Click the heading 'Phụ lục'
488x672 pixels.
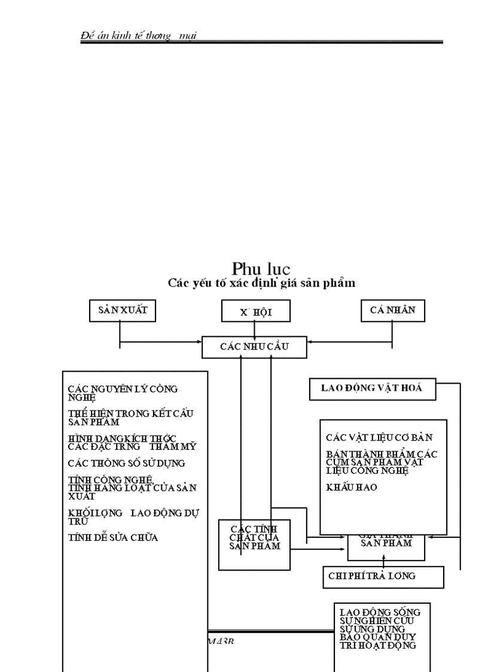[x=261, y=269]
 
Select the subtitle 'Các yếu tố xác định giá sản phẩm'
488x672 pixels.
[x=261, y=283]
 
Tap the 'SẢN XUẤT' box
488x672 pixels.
[x=123, y=310]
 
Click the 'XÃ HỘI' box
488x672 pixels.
[x=256, y=311]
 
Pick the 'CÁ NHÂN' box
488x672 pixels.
[x=392, y=310]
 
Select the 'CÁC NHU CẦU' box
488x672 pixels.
[x=255, y=347]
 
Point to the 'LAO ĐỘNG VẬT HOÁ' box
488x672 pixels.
[x=372, y=388]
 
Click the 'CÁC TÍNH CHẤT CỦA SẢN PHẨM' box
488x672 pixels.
[x=254, y=537]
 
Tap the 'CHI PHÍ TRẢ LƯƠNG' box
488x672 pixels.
[x=372, y=576]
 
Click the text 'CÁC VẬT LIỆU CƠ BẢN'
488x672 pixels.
[x=379, y=438]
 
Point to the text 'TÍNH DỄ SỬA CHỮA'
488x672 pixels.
[x=113, y=537]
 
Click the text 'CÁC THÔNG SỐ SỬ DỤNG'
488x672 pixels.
[x=126, y=463]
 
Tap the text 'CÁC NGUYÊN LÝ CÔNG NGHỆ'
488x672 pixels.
[x=123, y=393]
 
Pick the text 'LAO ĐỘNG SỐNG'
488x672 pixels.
[x=380, y=612]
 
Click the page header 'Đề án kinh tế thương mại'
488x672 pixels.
[x=139, y=36]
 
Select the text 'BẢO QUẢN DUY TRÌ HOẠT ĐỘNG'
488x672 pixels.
[x=377, y=641]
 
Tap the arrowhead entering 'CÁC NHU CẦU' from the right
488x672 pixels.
[x=311, y=343]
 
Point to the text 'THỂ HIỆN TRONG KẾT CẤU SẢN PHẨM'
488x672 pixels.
[x=130, y=417]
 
